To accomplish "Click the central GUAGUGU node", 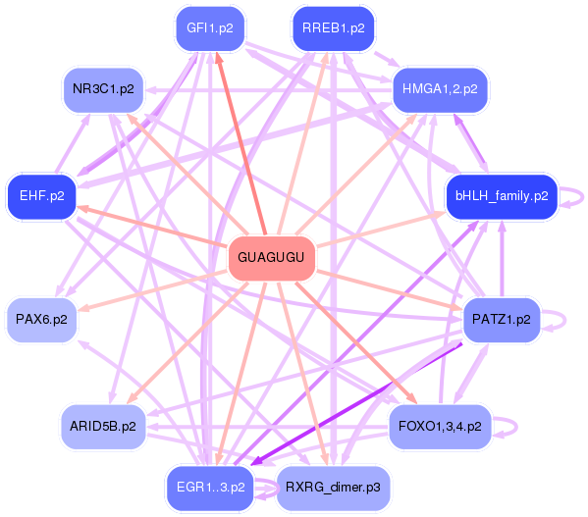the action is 272,258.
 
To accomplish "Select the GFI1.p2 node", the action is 210,28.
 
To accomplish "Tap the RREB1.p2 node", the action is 334,28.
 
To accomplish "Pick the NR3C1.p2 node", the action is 103,90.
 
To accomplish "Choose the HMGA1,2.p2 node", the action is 440,90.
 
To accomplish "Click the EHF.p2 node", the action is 41,196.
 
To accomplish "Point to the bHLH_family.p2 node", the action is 502,196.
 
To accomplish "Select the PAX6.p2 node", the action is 41,320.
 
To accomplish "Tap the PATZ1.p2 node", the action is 502,320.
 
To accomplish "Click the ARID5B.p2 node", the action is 103,427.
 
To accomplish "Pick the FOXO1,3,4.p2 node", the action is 440,427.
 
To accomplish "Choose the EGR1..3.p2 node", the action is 210,488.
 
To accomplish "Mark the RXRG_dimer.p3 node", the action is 334,488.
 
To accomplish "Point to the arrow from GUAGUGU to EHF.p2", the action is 152,227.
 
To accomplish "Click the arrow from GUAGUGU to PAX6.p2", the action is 152,291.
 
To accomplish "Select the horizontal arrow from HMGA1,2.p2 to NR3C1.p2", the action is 269,90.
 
